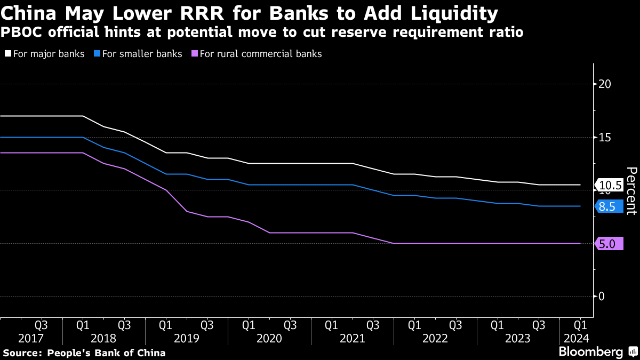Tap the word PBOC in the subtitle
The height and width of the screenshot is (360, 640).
[x=21, y=33]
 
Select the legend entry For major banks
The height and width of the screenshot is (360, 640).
[x=45, y=54]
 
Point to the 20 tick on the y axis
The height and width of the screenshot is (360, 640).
[x=604, y=84]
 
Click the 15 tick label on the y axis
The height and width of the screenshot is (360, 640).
[x=604, y=138]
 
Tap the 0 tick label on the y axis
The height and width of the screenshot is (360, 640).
[x=601, y=297]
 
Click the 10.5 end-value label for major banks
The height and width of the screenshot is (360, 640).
[x=610, y=186]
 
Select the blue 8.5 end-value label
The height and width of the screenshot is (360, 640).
[x=607, y=207]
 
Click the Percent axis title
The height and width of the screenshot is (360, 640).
[x=631, y=190]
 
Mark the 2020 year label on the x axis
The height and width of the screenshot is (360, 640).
[x=269, y=338]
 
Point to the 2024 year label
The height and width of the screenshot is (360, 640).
[x=577, y=338]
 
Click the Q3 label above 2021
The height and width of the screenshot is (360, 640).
[x=373, y=325]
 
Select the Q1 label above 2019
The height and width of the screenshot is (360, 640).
[x=165, y=325]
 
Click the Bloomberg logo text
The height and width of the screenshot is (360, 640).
[x=590, y=352]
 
